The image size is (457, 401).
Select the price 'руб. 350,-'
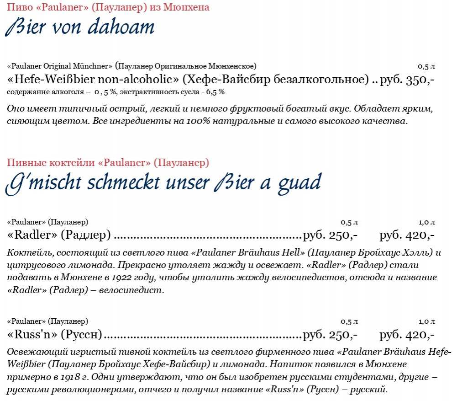[x=407, y=80]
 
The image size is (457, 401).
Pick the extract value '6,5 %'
[x=215, y=92]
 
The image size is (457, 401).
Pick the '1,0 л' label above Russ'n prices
[x=426, y=321]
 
